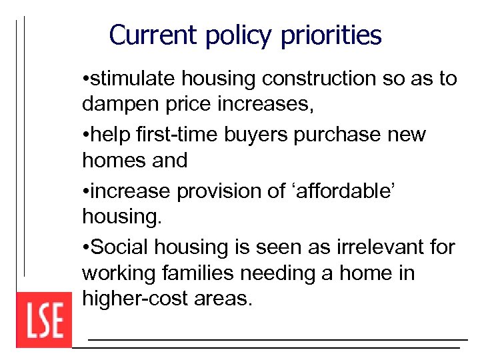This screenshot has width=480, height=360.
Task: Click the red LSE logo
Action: point(44,320)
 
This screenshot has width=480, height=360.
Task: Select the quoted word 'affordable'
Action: point(337,191)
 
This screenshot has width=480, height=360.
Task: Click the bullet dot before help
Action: point(85,135)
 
